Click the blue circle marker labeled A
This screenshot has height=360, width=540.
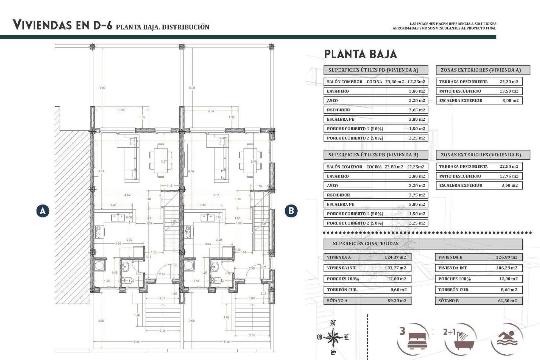point(43,211)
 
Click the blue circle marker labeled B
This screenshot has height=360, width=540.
point(291,211)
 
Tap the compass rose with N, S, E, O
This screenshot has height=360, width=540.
point(333,337)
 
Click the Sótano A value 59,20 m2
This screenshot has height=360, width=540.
point(397,301)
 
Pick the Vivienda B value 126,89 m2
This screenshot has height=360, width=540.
point(506,257)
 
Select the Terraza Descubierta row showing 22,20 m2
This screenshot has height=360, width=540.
point(479,82)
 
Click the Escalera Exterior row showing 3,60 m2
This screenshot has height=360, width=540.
point(479,185)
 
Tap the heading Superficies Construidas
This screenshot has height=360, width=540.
point(366,244)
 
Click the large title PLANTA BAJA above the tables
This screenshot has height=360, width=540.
point(360,54)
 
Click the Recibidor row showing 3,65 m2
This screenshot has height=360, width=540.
point(375,110)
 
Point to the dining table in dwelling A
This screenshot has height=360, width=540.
point(161,160)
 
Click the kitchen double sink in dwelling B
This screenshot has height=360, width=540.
point(208,218)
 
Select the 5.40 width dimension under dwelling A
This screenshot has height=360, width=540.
point(137,342)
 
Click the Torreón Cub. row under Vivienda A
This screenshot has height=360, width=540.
point(367,290)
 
